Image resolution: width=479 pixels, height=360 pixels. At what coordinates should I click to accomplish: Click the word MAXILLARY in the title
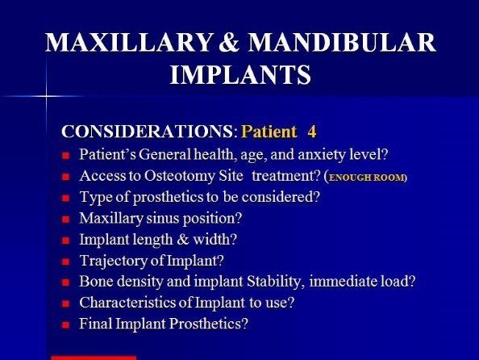click(129, 42)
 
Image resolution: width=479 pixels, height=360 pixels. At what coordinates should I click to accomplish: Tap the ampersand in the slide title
click(230, 42)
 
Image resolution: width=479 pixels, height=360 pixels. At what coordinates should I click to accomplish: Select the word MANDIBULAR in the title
click(342, 42)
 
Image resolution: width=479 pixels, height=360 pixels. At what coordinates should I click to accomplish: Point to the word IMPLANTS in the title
click(240, 74)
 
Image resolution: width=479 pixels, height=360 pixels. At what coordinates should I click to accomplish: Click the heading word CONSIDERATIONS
click(148, 132)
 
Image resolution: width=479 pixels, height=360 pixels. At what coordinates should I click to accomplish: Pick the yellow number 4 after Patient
click(312, 132)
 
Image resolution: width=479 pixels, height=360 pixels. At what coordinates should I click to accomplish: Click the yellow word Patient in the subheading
click(269, 132)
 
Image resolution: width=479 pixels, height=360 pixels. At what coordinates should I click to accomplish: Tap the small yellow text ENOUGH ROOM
click(366, 178)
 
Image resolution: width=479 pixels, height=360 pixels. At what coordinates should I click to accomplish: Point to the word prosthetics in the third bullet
click(168, 197)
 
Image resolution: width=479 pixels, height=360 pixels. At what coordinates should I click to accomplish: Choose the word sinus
click(163, 218)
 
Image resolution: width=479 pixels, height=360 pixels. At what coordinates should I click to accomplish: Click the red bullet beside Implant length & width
click(65, 241)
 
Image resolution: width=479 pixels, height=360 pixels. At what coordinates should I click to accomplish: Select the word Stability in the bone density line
click(276, 282)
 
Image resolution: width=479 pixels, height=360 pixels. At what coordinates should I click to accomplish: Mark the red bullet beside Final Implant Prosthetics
click(65, 324)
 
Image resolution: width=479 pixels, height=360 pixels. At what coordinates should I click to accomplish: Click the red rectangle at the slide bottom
click(94, 358)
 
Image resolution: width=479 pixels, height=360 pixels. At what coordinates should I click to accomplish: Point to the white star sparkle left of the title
click(47, 96)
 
